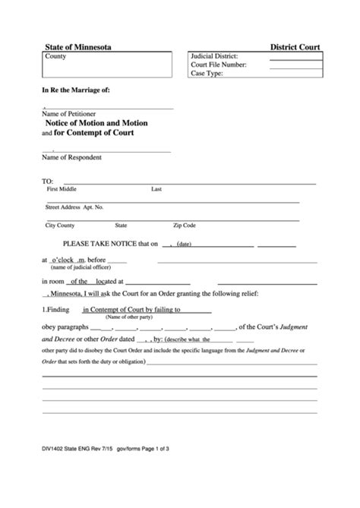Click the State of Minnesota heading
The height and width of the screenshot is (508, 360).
pyautogui.click(x=77, y=47)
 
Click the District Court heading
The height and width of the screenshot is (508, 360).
pyautogui.click(x=295, y=47)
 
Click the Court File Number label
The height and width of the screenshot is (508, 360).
pyautogui.click(x=219, y=65)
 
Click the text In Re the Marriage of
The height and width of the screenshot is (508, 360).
pyautogui.click(x=76, y=90)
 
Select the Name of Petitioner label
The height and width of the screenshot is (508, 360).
pyautogui.click(x=69, y=114)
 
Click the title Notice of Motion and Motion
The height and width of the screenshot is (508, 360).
pyautogui.click(x=98, y=123)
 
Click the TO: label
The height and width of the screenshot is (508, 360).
pyautogui.click(x=47, y=182)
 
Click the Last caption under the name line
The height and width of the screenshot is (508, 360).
pyautogui.click(x=156, y=189)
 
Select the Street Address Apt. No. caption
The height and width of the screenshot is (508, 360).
pyautogui.click(x=74, y=207)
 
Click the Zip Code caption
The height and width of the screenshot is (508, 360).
pyautogui.click(x=185, y=226)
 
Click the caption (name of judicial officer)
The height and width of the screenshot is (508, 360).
pyautogui.click(x=81, y=268)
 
